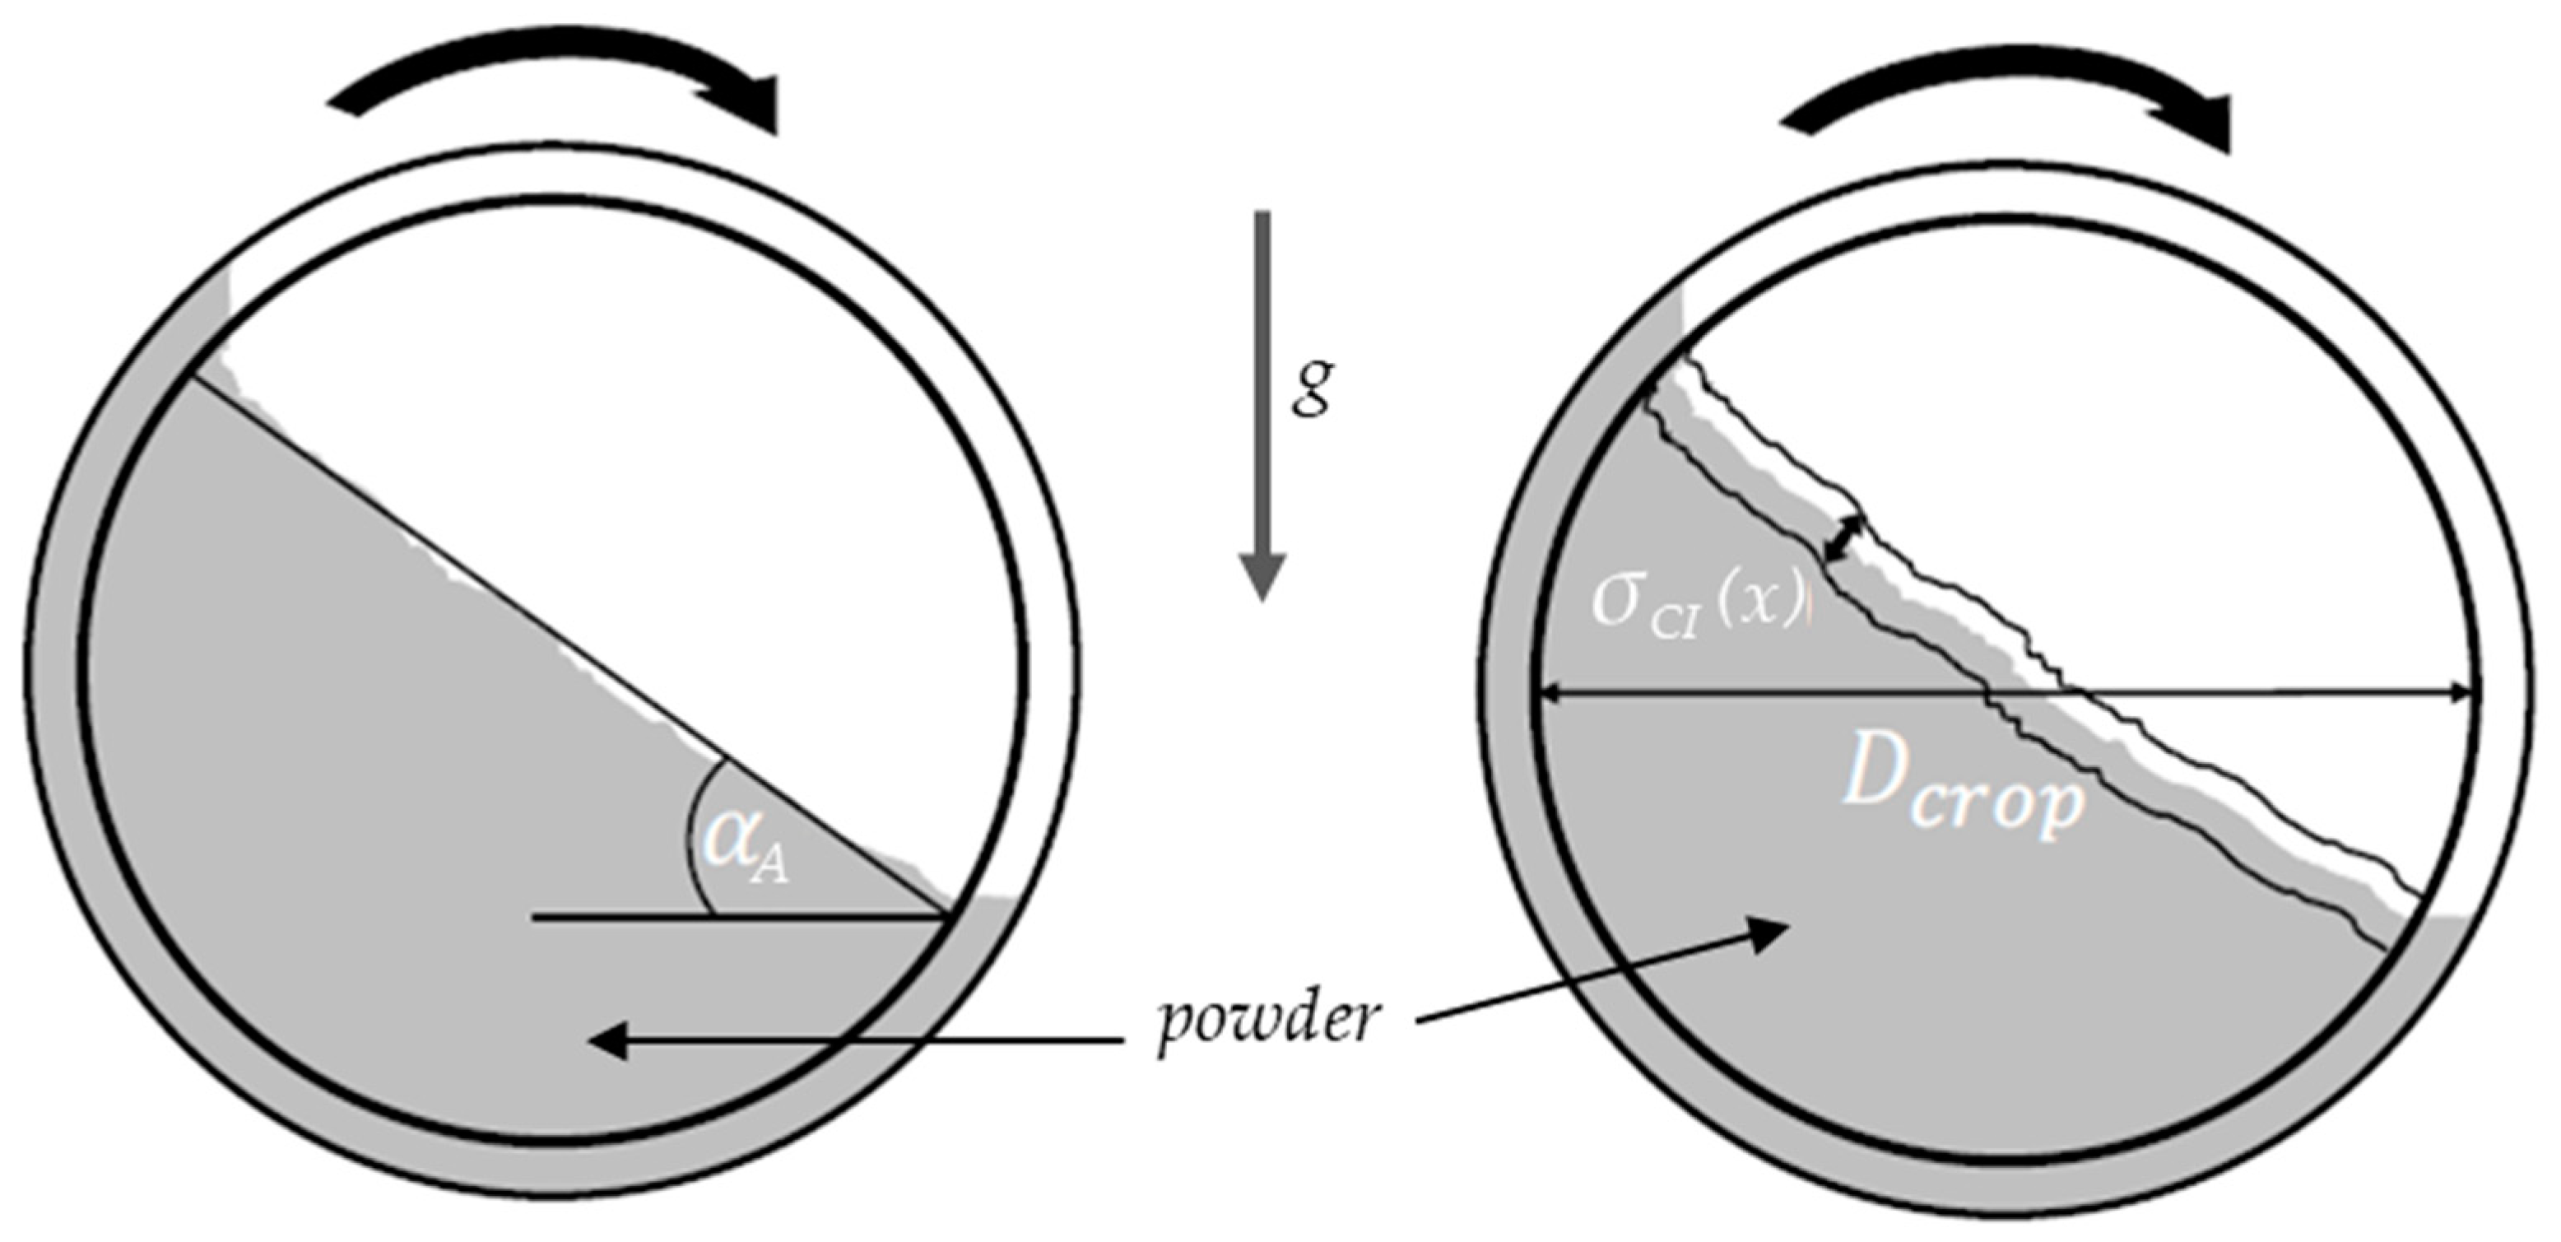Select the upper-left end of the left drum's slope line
[x=189, y=377]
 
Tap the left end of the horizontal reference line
[x=534, y=918]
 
